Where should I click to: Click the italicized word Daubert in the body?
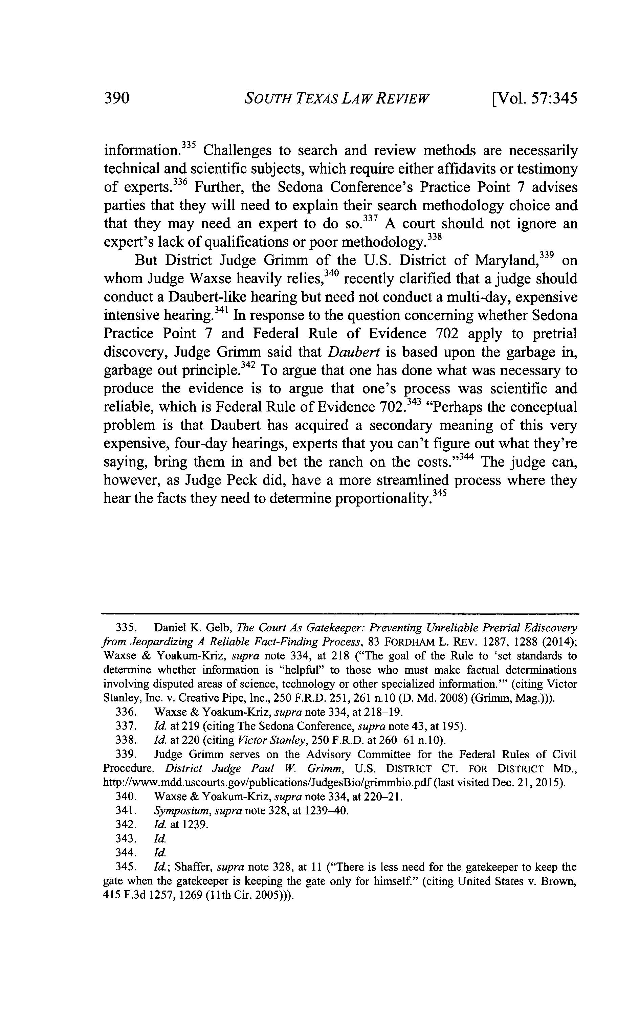click(354, 352)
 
